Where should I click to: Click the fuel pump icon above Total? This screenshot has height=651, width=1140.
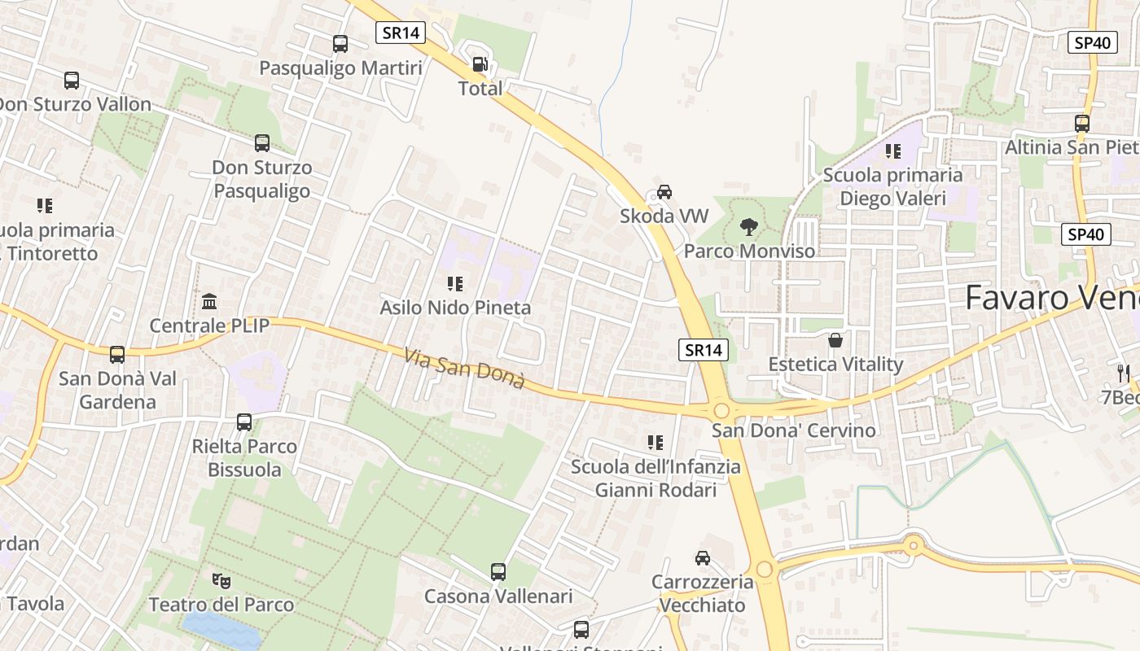480,64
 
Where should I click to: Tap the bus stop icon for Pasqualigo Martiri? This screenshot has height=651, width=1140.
340,44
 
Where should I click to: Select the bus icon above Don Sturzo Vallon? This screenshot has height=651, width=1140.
72,81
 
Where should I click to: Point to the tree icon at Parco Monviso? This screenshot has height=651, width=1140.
748,227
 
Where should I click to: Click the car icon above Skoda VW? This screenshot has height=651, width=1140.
664,192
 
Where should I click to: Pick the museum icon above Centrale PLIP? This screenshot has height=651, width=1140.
209,302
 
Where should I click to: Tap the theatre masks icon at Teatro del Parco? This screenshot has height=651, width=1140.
221,581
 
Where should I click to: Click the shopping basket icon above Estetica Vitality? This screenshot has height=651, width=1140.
835,340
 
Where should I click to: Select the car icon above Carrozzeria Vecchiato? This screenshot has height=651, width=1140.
702,558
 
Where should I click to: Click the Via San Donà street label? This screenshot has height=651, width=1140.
464,368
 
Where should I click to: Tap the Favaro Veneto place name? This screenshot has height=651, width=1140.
1050,298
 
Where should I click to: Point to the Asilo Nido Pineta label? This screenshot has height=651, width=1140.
455,308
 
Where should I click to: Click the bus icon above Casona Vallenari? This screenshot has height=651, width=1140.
498,572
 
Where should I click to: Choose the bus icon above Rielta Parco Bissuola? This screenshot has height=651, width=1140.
244,422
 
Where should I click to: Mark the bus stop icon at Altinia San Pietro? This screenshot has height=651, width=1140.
1082,124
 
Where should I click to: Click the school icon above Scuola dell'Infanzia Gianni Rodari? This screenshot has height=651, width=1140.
655,443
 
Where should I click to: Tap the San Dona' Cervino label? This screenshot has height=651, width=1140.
794,430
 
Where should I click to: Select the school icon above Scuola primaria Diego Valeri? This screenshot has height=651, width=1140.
893,151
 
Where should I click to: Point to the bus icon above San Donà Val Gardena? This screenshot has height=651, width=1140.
117,355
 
